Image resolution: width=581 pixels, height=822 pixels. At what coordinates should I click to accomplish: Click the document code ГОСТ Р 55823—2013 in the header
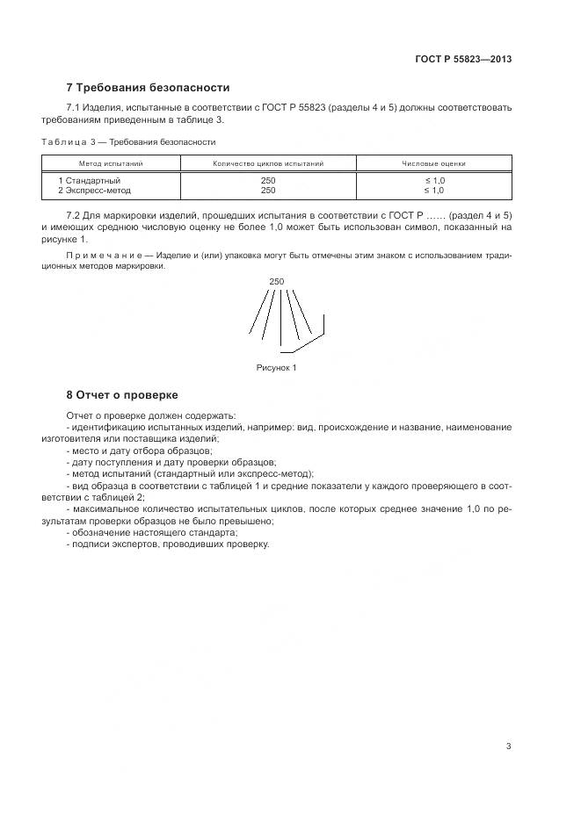(463, 60)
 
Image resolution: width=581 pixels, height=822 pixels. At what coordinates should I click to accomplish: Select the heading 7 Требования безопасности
(148, 88)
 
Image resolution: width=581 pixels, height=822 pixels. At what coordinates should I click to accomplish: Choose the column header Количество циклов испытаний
(268, 163)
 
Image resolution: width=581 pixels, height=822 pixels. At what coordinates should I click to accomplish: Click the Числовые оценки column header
(433, 163)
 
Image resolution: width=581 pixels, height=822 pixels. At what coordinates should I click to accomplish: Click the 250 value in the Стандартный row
(268, 180)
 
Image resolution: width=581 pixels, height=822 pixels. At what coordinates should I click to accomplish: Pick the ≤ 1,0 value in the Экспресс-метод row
(433, 190)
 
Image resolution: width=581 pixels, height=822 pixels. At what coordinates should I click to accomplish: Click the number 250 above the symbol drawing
(277, 282)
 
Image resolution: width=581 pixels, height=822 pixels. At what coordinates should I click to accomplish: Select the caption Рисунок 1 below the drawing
(277, 367)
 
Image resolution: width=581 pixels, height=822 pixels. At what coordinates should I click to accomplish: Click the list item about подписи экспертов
(167, 544)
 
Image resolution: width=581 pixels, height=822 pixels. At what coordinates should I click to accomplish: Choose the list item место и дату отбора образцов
(140, 450)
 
